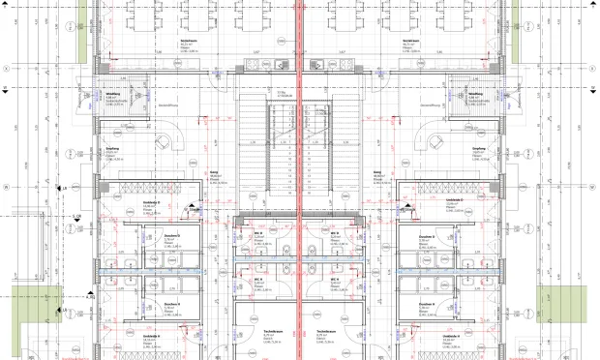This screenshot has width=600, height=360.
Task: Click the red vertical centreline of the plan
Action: pos(299,194)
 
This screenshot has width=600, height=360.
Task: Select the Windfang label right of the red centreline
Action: pos(475,94)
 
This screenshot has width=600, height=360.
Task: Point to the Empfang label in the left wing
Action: pos(111,150)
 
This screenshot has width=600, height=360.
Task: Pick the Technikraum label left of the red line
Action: pos(272,331)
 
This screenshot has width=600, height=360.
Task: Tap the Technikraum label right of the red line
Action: pos(325,331)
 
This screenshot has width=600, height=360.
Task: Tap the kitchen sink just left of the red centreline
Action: pos(282,65)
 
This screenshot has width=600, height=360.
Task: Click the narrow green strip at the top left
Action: pos(82,24)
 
